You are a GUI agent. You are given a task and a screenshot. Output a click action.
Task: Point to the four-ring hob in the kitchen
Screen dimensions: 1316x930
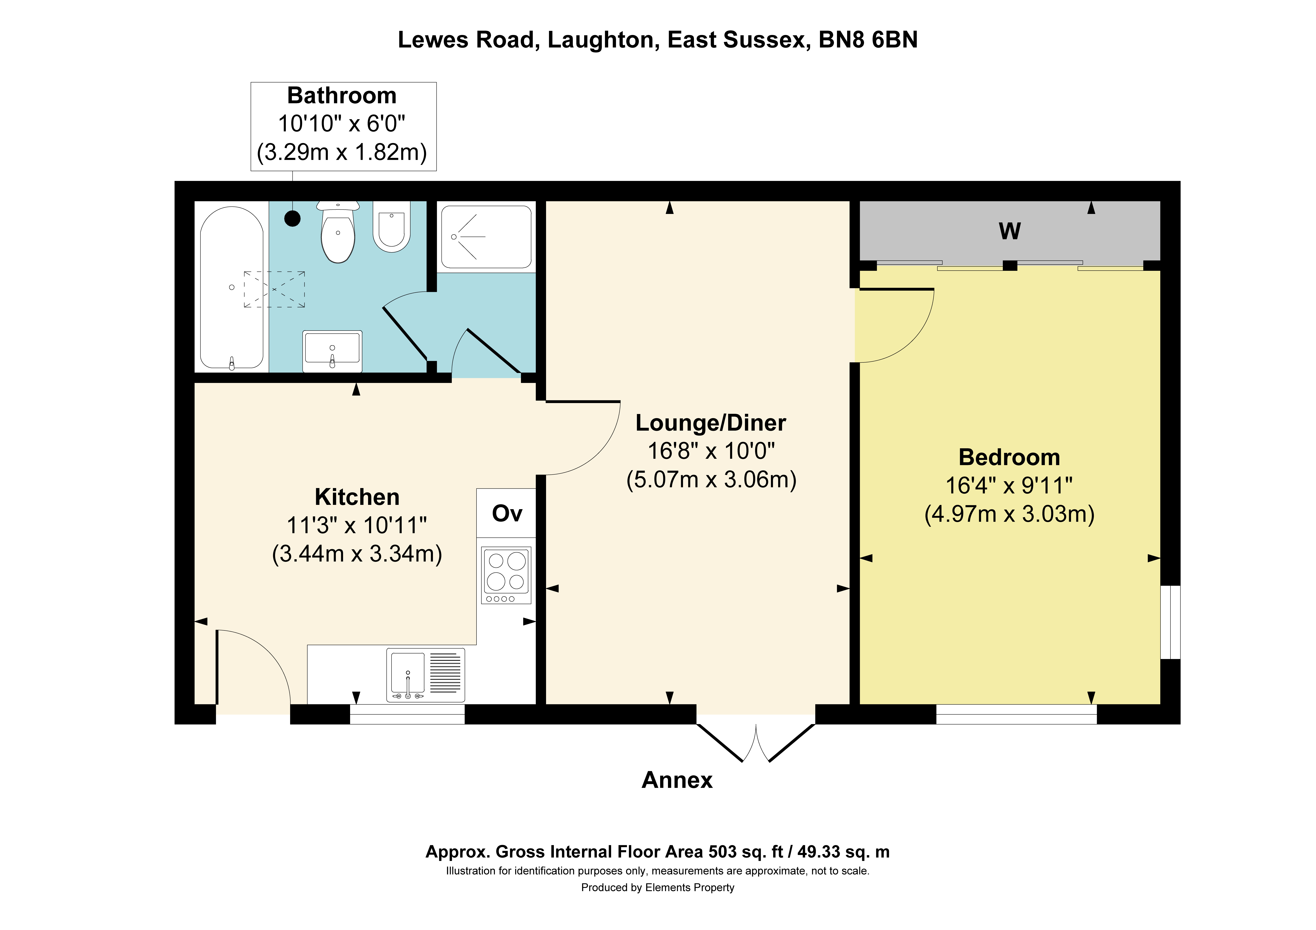pos(506,575)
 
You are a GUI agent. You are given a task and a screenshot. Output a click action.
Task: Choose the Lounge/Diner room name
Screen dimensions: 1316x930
pos(711,423)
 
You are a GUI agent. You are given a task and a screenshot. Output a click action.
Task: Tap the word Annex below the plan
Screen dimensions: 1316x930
pos(677,780)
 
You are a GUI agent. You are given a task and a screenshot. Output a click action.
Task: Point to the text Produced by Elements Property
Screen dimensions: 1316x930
pos(657,888)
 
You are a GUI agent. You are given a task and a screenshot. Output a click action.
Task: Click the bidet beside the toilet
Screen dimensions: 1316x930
pos(392,226)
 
